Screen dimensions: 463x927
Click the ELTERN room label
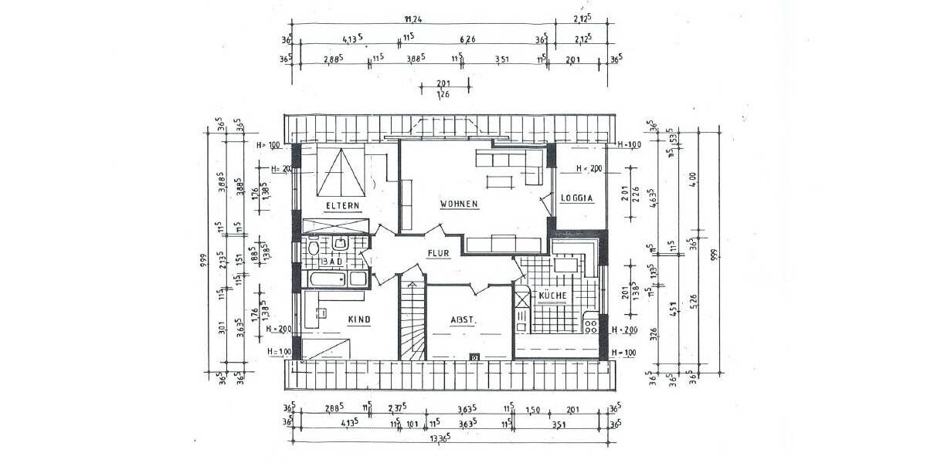pos(342,205)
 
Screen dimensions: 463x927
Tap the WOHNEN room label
pos(460,204)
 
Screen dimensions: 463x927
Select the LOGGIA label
pos(577,198)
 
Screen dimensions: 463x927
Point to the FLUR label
pos(439,252)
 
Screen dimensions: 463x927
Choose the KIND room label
pos(358,319)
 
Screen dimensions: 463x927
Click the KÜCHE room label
pos(553,296)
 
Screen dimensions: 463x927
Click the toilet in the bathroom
pos(314,248)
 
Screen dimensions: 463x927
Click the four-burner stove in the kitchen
pos(591,325)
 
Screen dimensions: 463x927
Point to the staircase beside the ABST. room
pos(412,320)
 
